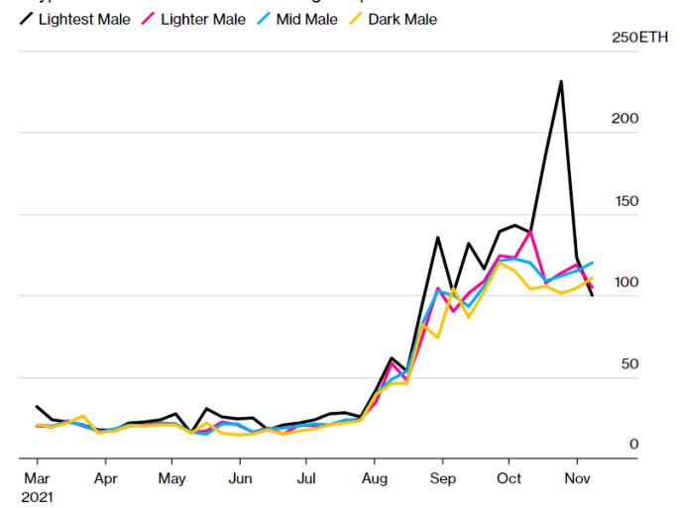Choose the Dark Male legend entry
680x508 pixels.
point(402,20)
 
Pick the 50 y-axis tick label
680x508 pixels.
point(628,364)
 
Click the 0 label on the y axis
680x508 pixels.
point(633,445)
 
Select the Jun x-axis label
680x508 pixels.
point(239,476)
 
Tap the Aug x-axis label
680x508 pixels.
point(374,476)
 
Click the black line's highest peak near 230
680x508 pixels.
point(561,81)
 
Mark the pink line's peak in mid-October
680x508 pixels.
point(532,231)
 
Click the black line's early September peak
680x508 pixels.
point(438,238)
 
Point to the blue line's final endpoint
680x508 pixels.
point(593,262)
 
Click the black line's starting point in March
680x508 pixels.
point(37,406)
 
